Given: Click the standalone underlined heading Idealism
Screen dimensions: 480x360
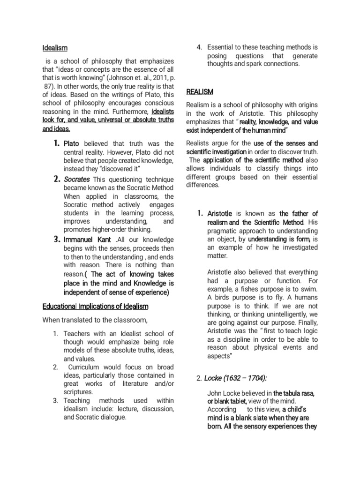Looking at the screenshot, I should point(55,48).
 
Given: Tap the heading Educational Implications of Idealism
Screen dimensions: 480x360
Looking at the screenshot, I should point(95,306).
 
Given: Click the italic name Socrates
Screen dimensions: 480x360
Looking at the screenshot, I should point(77,179).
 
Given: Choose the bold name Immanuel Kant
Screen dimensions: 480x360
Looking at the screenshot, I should point(87,240).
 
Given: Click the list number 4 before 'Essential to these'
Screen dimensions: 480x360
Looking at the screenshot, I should point(199,47).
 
